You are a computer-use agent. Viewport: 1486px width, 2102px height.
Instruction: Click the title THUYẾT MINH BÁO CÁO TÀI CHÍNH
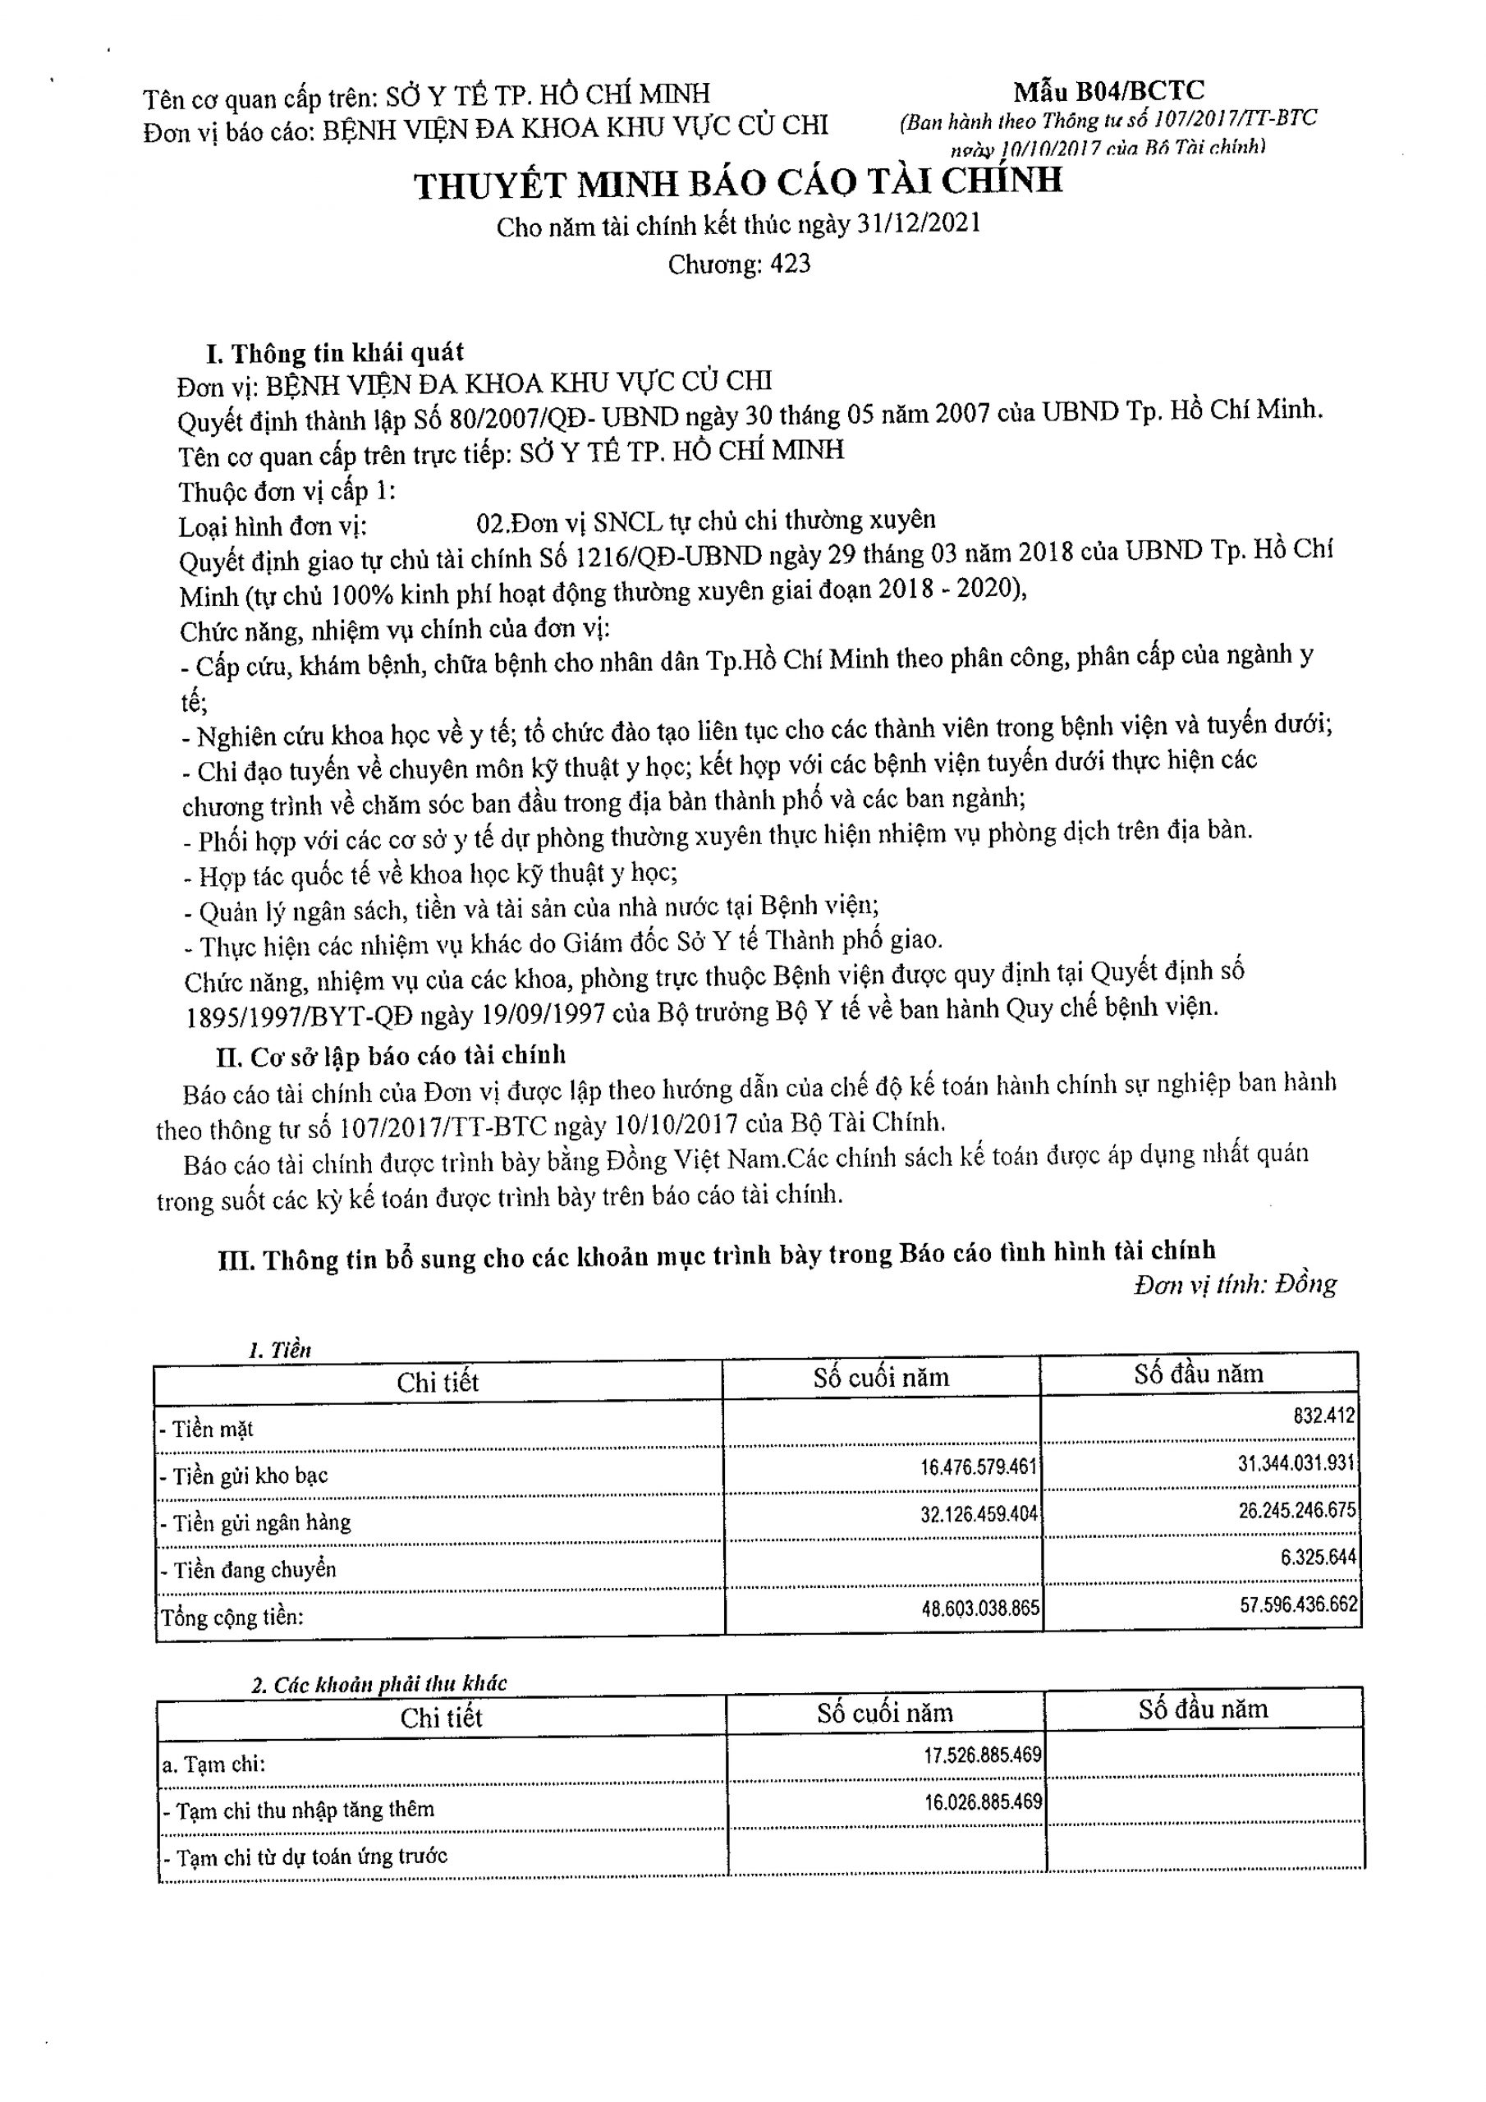tap(738, 182)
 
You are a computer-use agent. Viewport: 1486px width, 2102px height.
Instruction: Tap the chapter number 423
tap(790, 264)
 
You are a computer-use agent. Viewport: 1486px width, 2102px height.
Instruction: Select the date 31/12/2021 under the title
tap(919, 223)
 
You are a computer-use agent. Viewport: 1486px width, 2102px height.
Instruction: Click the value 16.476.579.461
tap(978, 1466)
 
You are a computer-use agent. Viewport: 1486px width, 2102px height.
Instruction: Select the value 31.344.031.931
tap(1296, 1463)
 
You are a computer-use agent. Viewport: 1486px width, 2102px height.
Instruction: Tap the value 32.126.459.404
tap(978, 1513)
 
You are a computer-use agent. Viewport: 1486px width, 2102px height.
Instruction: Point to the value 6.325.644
tap(1318, 1556)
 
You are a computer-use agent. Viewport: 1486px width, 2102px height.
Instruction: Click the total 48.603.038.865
tap(979, 1608)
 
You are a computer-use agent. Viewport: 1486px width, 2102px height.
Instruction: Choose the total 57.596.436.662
tap(1298, 1604)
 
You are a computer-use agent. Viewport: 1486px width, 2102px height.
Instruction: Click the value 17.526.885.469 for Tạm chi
tap(983, 1754)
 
